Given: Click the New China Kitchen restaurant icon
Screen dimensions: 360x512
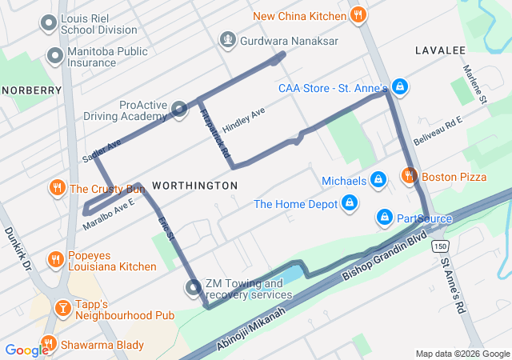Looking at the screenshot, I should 359,14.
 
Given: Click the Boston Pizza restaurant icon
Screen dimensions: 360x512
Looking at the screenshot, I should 409,175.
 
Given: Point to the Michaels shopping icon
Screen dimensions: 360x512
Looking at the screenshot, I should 377,181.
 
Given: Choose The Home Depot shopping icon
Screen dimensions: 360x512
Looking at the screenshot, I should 350,203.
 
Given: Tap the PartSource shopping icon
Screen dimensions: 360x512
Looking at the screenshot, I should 384,217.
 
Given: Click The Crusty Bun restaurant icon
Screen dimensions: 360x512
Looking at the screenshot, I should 57,189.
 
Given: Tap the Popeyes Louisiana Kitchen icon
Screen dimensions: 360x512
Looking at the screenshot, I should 55,258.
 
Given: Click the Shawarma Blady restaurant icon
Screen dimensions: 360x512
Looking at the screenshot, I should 48,344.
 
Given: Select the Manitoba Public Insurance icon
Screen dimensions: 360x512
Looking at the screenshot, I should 55,56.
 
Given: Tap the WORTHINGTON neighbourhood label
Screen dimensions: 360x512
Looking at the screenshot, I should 194,186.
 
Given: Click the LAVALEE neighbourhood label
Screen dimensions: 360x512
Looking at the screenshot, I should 440,50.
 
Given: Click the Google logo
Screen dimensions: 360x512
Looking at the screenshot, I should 26,350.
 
